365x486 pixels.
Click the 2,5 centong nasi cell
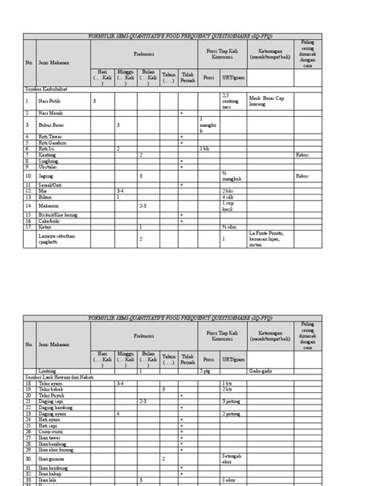click(208, 101)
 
